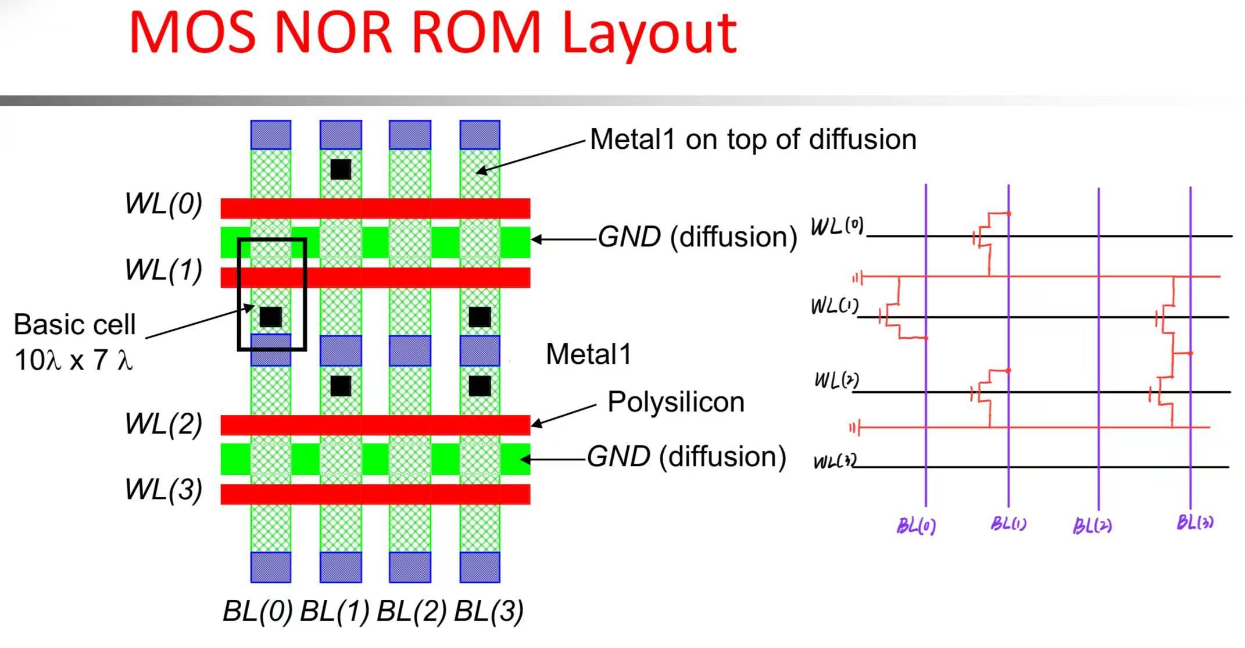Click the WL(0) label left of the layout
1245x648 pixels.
(x=163, y=204)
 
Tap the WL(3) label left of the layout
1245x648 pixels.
(x=163, y=489)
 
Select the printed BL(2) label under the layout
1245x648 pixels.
(x=412, y=611)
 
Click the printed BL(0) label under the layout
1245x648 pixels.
(x=257, y=611)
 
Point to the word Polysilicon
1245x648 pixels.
(x=676, y=402)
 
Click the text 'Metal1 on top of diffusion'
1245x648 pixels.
(x=753, y=139)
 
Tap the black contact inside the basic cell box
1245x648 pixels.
(x=271, y=317)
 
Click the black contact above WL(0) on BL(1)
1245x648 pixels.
(x=341, y=169)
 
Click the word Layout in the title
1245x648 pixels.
(x=650, y=34)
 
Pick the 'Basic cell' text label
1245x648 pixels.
(x=74, y=324)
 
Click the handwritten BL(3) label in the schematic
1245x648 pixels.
(x=1195, y=522)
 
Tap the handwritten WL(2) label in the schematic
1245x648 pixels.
(x=836, y=380)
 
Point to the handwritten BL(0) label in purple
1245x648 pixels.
(x=916, y=526)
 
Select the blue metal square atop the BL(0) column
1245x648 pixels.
(x=271, y=135)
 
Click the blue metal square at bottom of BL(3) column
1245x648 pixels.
(x=480, y=567)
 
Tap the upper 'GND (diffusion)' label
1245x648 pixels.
(x=697, y=237)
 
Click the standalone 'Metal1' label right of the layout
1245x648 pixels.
(x=589, y=355)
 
